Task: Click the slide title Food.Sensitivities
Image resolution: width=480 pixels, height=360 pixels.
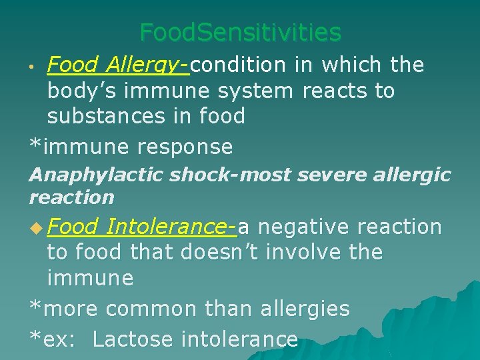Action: tap(240, 32)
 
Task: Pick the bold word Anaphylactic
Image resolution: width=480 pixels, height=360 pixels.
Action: tap(96, 175)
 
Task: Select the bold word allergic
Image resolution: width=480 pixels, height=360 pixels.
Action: tap(407, 175)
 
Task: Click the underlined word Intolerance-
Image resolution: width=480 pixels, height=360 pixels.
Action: tap(171, 227)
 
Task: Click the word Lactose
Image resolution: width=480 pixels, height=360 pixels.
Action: tap(135, 339)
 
